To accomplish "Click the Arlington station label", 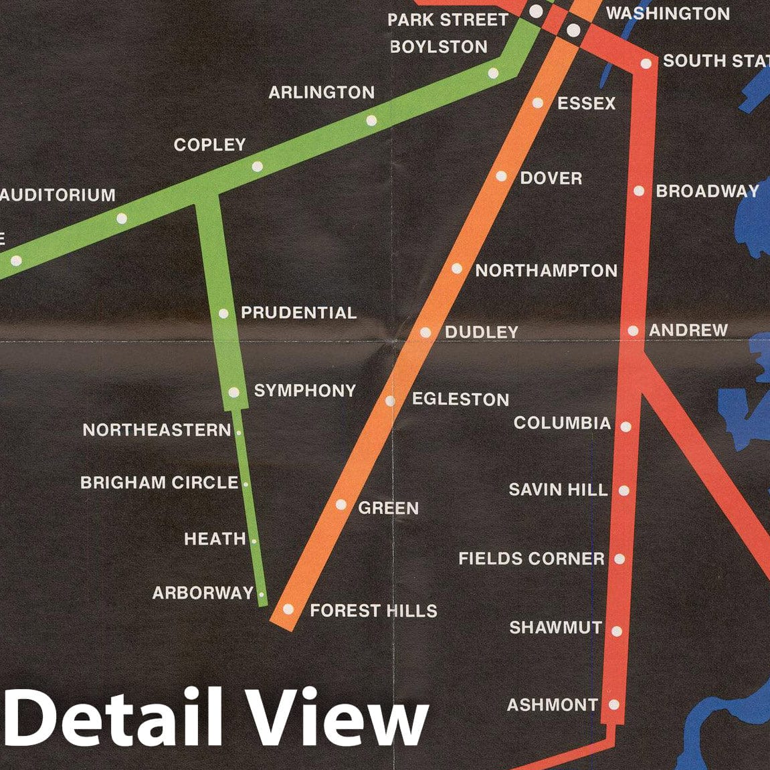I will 321,92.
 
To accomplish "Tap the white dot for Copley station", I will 258,167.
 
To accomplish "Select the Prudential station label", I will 298,313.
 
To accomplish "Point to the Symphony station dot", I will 233,393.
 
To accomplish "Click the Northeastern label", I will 157,430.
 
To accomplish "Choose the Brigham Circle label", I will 159,483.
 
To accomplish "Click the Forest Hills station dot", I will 288,609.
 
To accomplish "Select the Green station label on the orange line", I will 388,508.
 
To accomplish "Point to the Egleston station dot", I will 391,401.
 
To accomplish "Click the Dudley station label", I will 482,332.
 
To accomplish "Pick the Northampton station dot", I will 457,269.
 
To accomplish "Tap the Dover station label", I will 551,179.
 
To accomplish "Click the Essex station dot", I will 538,103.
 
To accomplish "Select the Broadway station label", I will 707,191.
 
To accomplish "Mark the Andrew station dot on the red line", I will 634,330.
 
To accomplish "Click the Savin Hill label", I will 558,490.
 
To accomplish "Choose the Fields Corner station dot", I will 619,559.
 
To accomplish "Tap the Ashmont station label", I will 552,705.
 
